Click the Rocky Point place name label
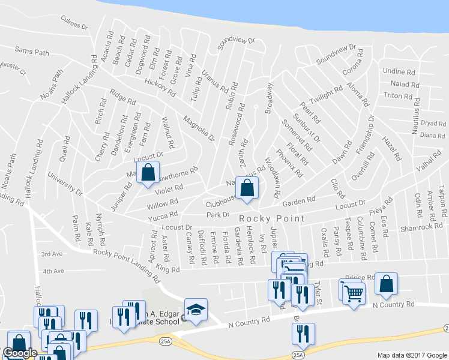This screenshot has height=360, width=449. [272, 218]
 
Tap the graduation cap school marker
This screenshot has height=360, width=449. [196, 310]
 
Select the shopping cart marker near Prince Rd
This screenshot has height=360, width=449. [354, 293]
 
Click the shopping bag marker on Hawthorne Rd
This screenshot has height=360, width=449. [148, 173]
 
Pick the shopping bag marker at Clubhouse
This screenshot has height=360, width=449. [247, 188]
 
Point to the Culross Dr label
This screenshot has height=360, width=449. [74, 22]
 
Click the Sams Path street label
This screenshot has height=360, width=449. [32, 52]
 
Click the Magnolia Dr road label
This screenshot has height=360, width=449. [199, 128]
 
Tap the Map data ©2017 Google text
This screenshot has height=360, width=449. [412, 355]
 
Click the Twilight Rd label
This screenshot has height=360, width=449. [325, 95]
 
